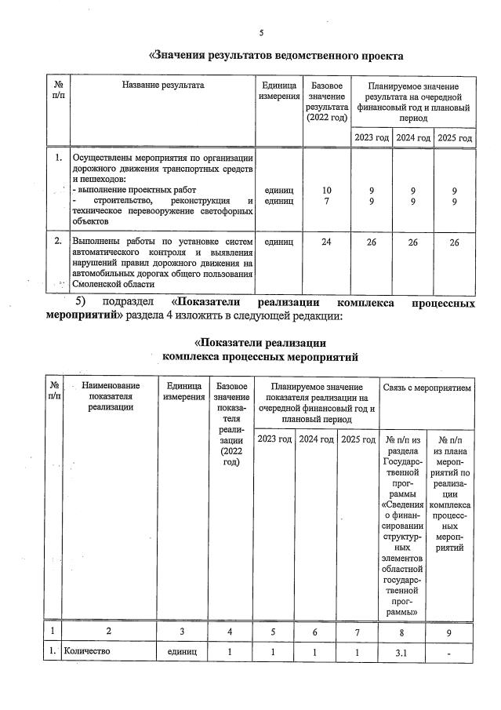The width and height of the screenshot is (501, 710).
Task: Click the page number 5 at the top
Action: (262, 33)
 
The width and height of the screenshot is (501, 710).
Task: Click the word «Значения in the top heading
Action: (183, 56)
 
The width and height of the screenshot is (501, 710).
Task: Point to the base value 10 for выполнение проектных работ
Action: (326, 191)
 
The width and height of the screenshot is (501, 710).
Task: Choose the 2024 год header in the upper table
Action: (413, 137)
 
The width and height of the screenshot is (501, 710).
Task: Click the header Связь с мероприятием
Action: (427, 388)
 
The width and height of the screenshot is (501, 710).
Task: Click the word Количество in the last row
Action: (88, 651)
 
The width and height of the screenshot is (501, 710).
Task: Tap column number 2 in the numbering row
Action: (111, 630)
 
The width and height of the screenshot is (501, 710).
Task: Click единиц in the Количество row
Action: (183, 651)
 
